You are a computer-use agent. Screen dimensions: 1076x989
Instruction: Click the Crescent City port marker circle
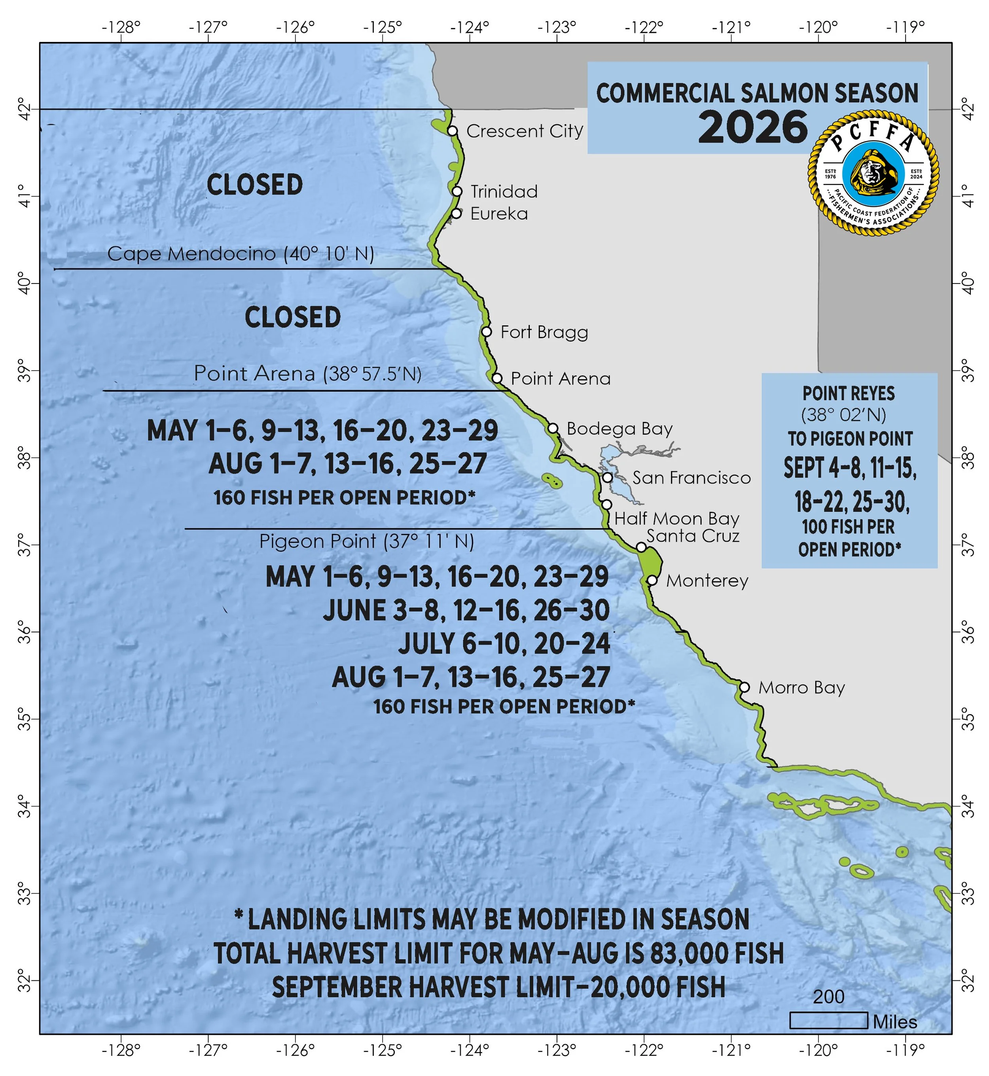pos(452,131)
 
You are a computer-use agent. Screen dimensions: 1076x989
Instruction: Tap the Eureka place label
pos(499,214)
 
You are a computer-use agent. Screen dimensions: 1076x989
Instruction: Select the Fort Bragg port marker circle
pos(486,332)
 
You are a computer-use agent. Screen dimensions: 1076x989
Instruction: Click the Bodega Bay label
pos(619,429)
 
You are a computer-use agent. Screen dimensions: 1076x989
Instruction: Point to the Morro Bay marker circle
pos(744,687)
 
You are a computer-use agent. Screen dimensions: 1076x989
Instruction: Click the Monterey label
pos(707,581)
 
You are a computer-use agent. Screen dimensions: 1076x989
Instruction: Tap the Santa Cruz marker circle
pos(641,547)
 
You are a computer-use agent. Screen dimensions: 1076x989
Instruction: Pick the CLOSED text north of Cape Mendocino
pos(255,185)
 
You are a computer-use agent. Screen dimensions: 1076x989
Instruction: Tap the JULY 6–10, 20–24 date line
pos(504,644)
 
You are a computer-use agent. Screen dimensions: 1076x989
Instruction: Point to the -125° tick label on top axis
pos(382,27)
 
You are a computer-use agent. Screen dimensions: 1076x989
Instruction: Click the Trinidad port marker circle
pos(457,191)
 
